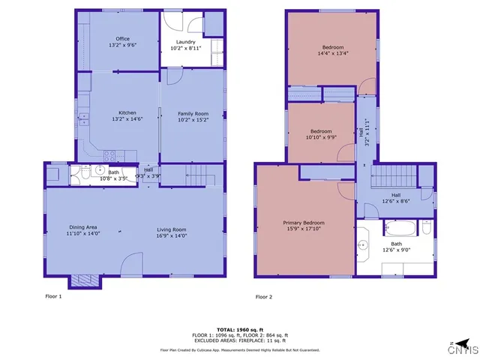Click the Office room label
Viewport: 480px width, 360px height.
[x=122, y=39]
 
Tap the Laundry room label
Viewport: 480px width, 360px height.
[x=185, y=42]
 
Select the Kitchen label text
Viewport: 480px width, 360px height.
[x=124, y=113]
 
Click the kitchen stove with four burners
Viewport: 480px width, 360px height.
[x=109, y=156]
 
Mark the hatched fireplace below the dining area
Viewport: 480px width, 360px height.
[x=83, y=281]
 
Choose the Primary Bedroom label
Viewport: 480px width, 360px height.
[x=304, y=223]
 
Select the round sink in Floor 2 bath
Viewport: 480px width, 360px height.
[x=364, y=244]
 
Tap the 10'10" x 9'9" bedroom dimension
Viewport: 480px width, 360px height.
[x=321, y=136]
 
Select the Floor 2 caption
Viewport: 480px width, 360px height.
[x=263, y=297]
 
